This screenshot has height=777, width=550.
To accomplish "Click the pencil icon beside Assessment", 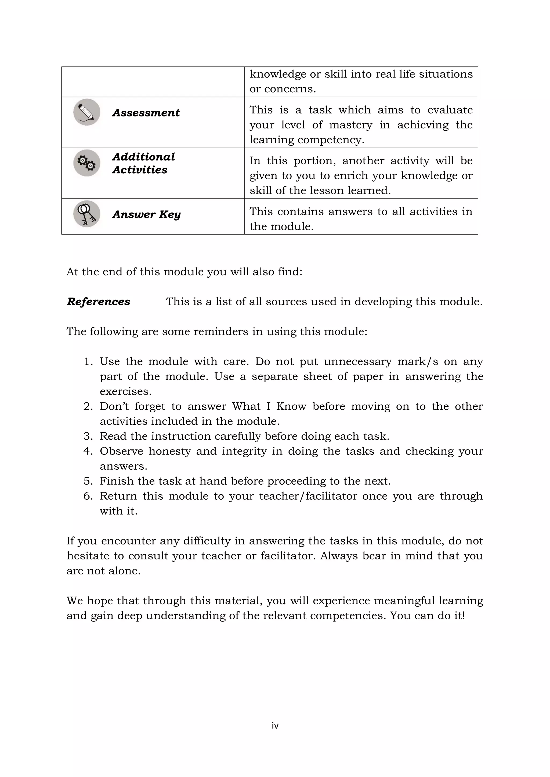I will (87, 112).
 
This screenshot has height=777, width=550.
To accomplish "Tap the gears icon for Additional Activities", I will (87, 163).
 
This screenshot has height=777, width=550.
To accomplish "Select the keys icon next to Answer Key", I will (87, 214).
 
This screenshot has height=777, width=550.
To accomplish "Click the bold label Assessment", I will (146, 113).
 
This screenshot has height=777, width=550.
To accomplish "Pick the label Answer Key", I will (146, 215).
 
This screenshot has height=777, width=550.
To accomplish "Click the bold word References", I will (99, 302).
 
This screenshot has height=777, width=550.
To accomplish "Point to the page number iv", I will (275, 725).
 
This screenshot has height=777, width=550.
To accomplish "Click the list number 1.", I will (88, 361).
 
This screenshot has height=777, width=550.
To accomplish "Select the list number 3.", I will (88, 436).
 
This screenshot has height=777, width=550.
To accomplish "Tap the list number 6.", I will (88, 496).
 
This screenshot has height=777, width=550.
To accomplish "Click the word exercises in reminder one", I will (125, 391).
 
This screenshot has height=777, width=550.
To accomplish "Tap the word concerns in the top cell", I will (290, 89).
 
